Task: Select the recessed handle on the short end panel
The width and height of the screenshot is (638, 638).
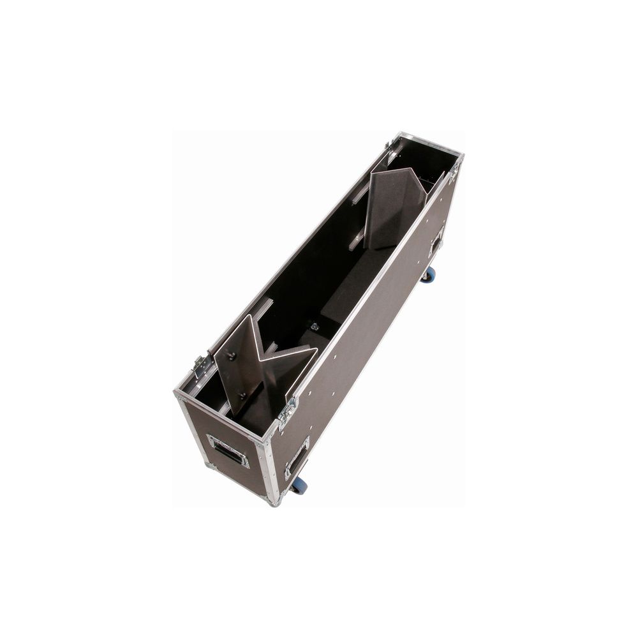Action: coord(228,450)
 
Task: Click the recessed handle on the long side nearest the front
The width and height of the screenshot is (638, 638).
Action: coord(297,458)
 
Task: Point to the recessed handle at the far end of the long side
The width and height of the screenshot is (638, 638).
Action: coord(437,242)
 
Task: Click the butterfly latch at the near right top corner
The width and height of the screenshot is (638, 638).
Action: coord(287,412)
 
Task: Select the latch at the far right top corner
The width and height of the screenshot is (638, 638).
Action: coord(454,170)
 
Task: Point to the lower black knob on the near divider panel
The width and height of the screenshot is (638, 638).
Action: coord(242,396)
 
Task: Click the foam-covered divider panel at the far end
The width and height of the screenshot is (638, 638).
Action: coord(396,207)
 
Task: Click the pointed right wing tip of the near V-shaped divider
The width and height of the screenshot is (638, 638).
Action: coord(315,349)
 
